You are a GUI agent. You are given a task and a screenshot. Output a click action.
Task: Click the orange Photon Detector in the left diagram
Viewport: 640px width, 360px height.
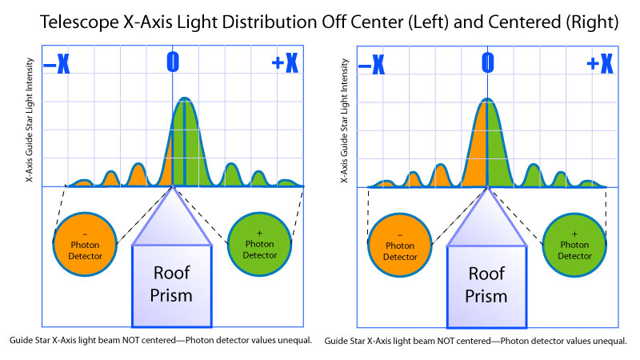point(85,244)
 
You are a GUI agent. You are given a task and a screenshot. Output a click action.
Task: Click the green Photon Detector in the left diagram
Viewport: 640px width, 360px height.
point(259,244)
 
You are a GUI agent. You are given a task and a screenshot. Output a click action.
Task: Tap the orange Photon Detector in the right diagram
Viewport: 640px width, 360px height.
point(400,245)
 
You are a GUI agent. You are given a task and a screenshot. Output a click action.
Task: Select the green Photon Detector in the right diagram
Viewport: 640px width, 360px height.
point(574,245)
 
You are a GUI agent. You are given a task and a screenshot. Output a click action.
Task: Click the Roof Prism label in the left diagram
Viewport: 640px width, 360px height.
point(171,284)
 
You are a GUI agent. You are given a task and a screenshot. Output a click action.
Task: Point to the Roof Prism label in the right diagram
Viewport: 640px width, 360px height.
point(486,285)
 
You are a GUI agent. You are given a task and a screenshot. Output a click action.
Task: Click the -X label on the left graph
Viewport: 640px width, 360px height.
point(56,63)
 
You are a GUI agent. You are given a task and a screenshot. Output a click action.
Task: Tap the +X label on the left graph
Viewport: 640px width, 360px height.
point(285,62)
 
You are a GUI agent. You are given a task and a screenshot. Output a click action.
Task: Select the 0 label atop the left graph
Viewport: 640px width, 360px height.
point(173,62)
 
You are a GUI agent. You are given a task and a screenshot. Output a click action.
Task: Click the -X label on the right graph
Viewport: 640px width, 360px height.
point(371,64)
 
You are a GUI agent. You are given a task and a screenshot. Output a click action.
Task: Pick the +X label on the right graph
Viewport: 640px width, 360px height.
point(600,63)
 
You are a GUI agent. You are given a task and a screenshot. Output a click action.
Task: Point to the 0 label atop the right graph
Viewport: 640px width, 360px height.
point(488,63)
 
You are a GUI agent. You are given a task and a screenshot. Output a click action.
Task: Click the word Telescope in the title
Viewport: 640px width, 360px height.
point(79,22)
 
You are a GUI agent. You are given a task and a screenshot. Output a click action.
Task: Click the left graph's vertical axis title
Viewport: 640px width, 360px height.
point(30,119)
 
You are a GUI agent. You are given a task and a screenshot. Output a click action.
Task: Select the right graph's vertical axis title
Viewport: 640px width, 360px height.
point(345,121)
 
